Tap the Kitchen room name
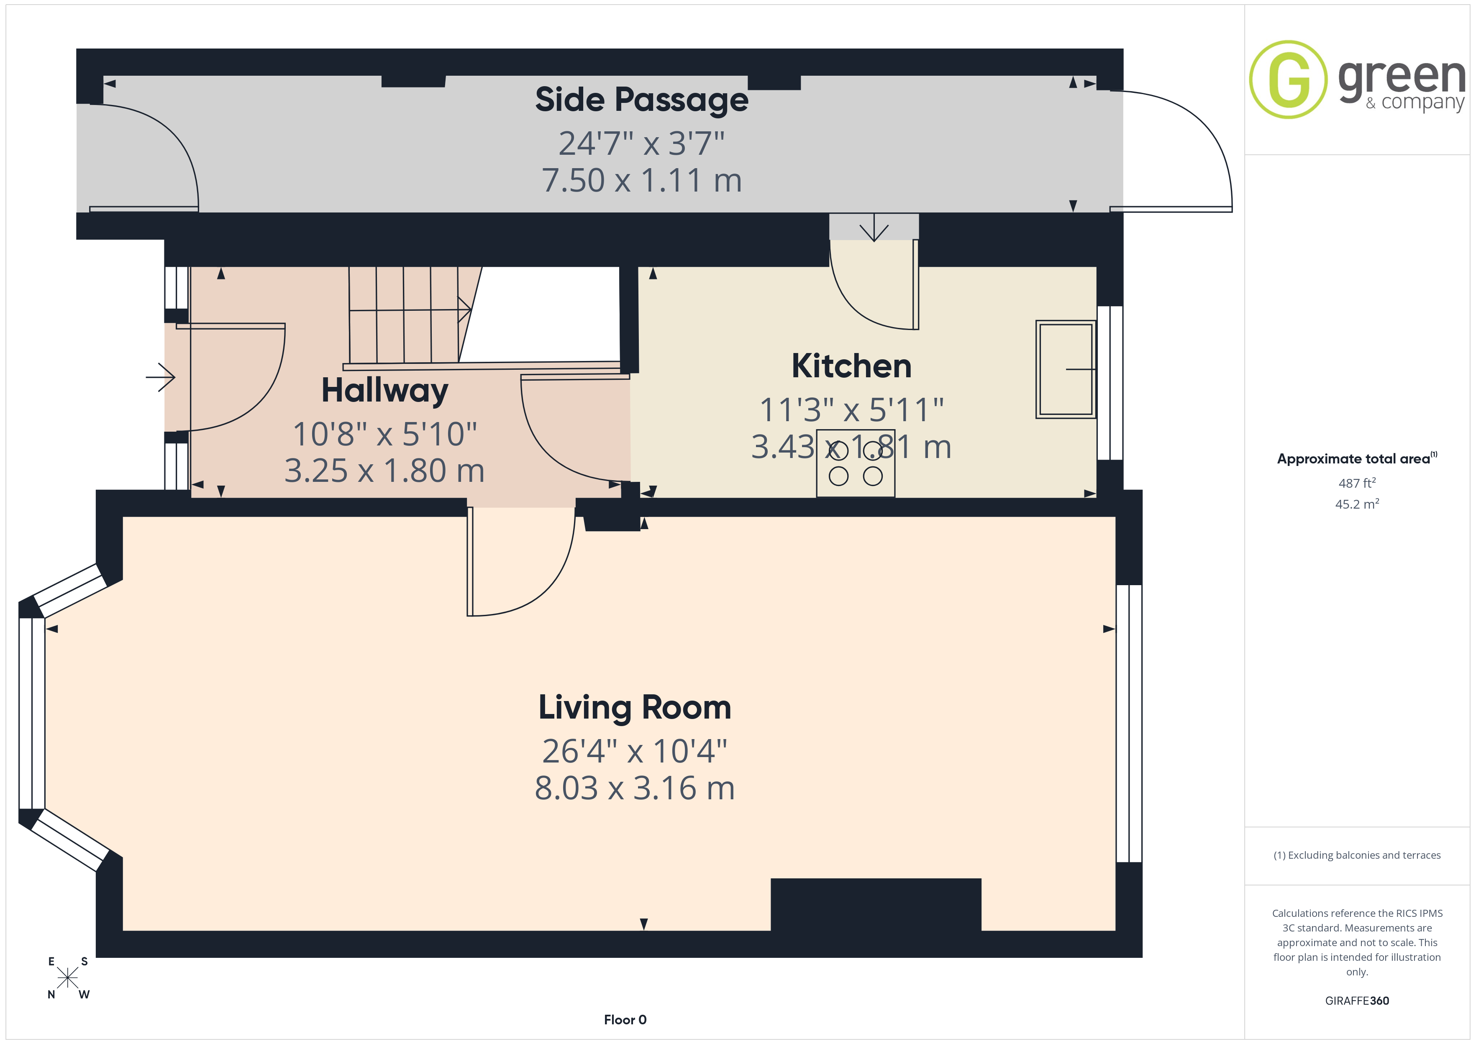pyautogui.click(x=851, y=366)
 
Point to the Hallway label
pyautogui.click(x=384, y=391)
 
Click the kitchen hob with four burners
pyautogui.click(x=855, y=463)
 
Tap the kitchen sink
pyautogui.click(x=1066, y=370)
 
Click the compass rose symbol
pyautogui.click(x=67, y=978)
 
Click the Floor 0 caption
pyautogui.click(x=625, y=1020)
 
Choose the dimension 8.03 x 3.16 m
pyautogui.click(x=635, y=788)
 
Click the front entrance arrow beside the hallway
pyautogui.click(x=161, y=377)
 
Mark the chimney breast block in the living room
pyautogui.click(x=876, y=904)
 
